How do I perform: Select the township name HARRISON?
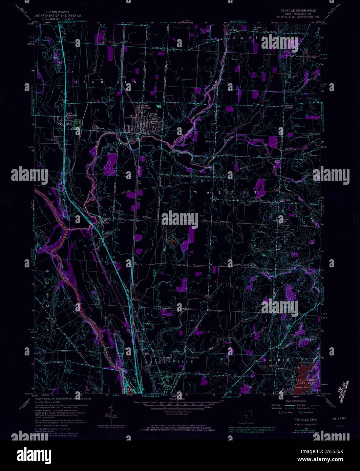[105, 82]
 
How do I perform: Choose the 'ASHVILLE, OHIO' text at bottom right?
[296, 419]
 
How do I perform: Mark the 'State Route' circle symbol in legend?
[300, 412]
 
